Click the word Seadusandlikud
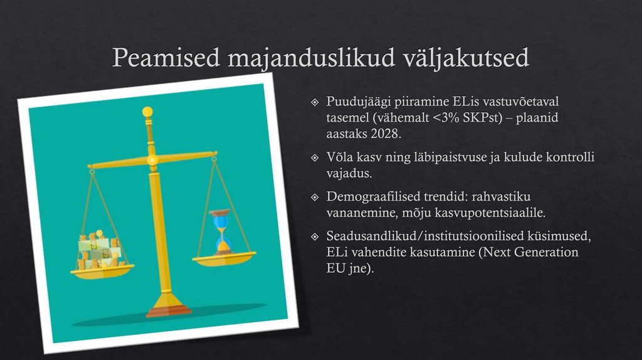coord(371,236)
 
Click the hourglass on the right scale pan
coord(220,231)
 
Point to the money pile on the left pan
coord(99,251)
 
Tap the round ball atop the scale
coord(147,112)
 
